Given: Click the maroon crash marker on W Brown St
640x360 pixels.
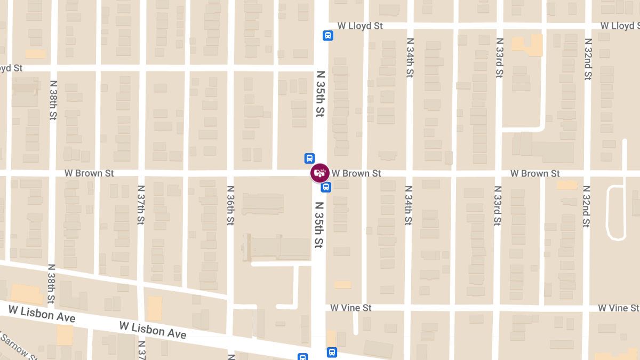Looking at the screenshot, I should pos(320,173).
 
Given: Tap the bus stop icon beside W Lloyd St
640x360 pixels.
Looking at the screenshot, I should pos(327,36).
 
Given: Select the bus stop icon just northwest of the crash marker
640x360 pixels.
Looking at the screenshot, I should pos(309,158).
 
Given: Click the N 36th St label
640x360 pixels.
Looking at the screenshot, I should pos(230,205).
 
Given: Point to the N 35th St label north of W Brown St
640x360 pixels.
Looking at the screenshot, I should pos(320,94).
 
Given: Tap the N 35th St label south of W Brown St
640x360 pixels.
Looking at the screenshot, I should pos(320,225).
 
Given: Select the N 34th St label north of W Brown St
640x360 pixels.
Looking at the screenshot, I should pos(409,58).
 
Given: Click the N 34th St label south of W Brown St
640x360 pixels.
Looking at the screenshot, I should pos(408,205).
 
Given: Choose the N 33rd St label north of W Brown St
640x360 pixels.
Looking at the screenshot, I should pos(499,58).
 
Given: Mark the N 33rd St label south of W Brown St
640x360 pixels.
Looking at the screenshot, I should pos(497,205).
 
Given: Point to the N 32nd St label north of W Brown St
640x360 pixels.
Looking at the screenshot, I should pos(587,59).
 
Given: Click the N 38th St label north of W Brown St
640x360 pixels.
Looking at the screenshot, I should pos(52,100).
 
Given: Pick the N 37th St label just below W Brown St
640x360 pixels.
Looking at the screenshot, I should pos(141,205).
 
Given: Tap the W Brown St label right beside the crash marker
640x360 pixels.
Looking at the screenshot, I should pos(356,173).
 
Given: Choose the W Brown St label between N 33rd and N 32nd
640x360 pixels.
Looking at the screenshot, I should pos(535,173).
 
